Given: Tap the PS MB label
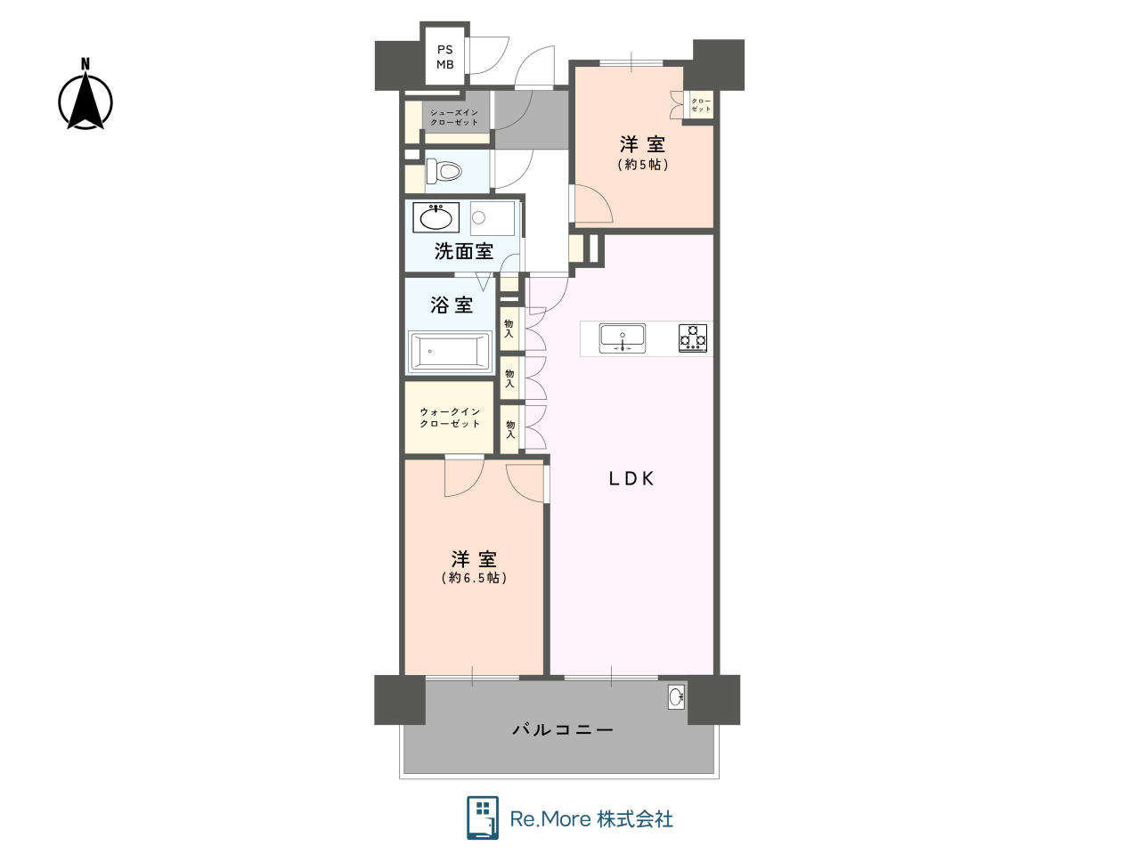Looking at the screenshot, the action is coord(445,57).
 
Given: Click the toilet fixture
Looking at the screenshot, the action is coord(444,171).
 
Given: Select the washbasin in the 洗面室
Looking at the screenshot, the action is coord(436,217).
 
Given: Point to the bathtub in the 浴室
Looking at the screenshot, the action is coord(449,352).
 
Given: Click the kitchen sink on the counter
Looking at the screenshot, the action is coord(623,338).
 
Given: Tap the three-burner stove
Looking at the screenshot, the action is coord(693,338).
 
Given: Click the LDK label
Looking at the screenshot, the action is coord(631,479).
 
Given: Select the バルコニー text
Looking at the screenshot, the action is coord(563,729).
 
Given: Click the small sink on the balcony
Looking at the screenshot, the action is coord(676,696).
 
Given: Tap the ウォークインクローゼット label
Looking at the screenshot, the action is coord(450,418).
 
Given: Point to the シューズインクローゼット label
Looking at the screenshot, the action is coord(454,118).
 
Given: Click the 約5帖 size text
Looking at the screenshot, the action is coord(642,165).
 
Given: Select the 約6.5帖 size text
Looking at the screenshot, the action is coord(474,577).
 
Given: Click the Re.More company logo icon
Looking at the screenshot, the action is coord(483,817).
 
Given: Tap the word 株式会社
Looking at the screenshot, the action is coord(635,819).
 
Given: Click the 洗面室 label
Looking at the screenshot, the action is coord(464,251).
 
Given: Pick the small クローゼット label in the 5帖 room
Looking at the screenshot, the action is coord(701,105).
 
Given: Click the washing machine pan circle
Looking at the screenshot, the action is coord(479,218).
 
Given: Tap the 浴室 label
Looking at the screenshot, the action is coord(452,305).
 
